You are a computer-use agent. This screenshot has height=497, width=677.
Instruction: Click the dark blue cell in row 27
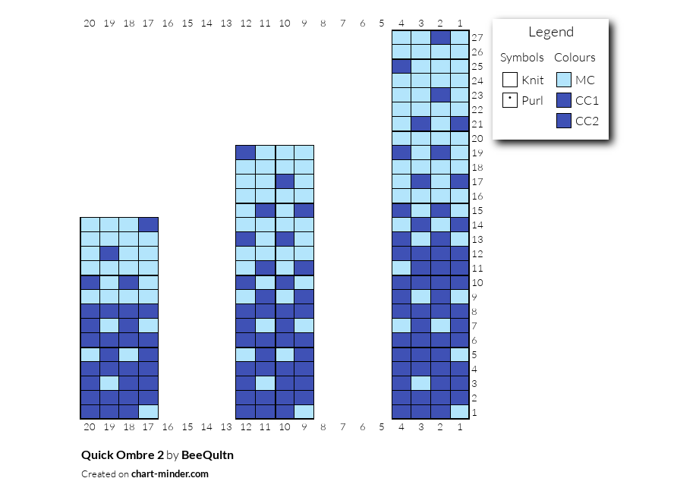440,38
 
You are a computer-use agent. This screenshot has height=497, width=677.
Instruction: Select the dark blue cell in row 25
401,67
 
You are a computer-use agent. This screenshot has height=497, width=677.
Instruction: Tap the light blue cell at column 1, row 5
460,355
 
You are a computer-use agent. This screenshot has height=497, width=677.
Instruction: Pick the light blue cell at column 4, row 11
401,268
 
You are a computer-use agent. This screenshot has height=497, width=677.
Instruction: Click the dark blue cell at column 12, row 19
245,153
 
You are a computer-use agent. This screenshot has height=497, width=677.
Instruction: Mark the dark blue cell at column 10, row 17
285,182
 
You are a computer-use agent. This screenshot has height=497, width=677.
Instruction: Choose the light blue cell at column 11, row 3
265,383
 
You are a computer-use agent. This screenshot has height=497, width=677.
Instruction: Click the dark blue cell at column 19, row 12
109,253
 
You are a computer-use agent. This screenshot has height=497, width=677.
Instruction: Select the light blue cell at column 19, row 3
109,383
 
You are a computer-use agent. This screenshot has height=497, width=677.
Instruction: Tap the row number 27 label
477,38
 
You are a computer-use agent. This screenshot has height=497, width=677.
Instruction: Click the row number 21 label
477,124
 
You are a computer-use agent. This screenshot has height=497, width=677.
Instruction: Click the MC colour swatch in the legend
564,80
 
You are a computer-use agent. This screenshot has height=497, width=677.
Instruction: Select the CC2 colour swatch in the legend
564,121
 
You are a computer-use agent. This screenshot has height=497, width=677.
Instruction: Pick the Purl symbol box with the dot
510,100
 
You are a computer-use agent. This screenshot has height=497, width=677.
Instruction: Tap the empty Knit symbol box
510,80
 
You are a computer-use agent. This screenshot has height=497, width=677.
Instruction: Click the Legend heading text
551,33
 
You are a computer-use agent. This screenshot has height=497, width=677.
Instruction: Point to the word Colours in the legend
575,58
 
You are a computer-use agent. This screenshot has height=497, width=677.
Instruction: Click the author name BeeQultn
207,455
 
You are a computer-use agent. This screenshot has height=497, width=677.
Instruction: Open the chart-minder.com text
170,473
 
